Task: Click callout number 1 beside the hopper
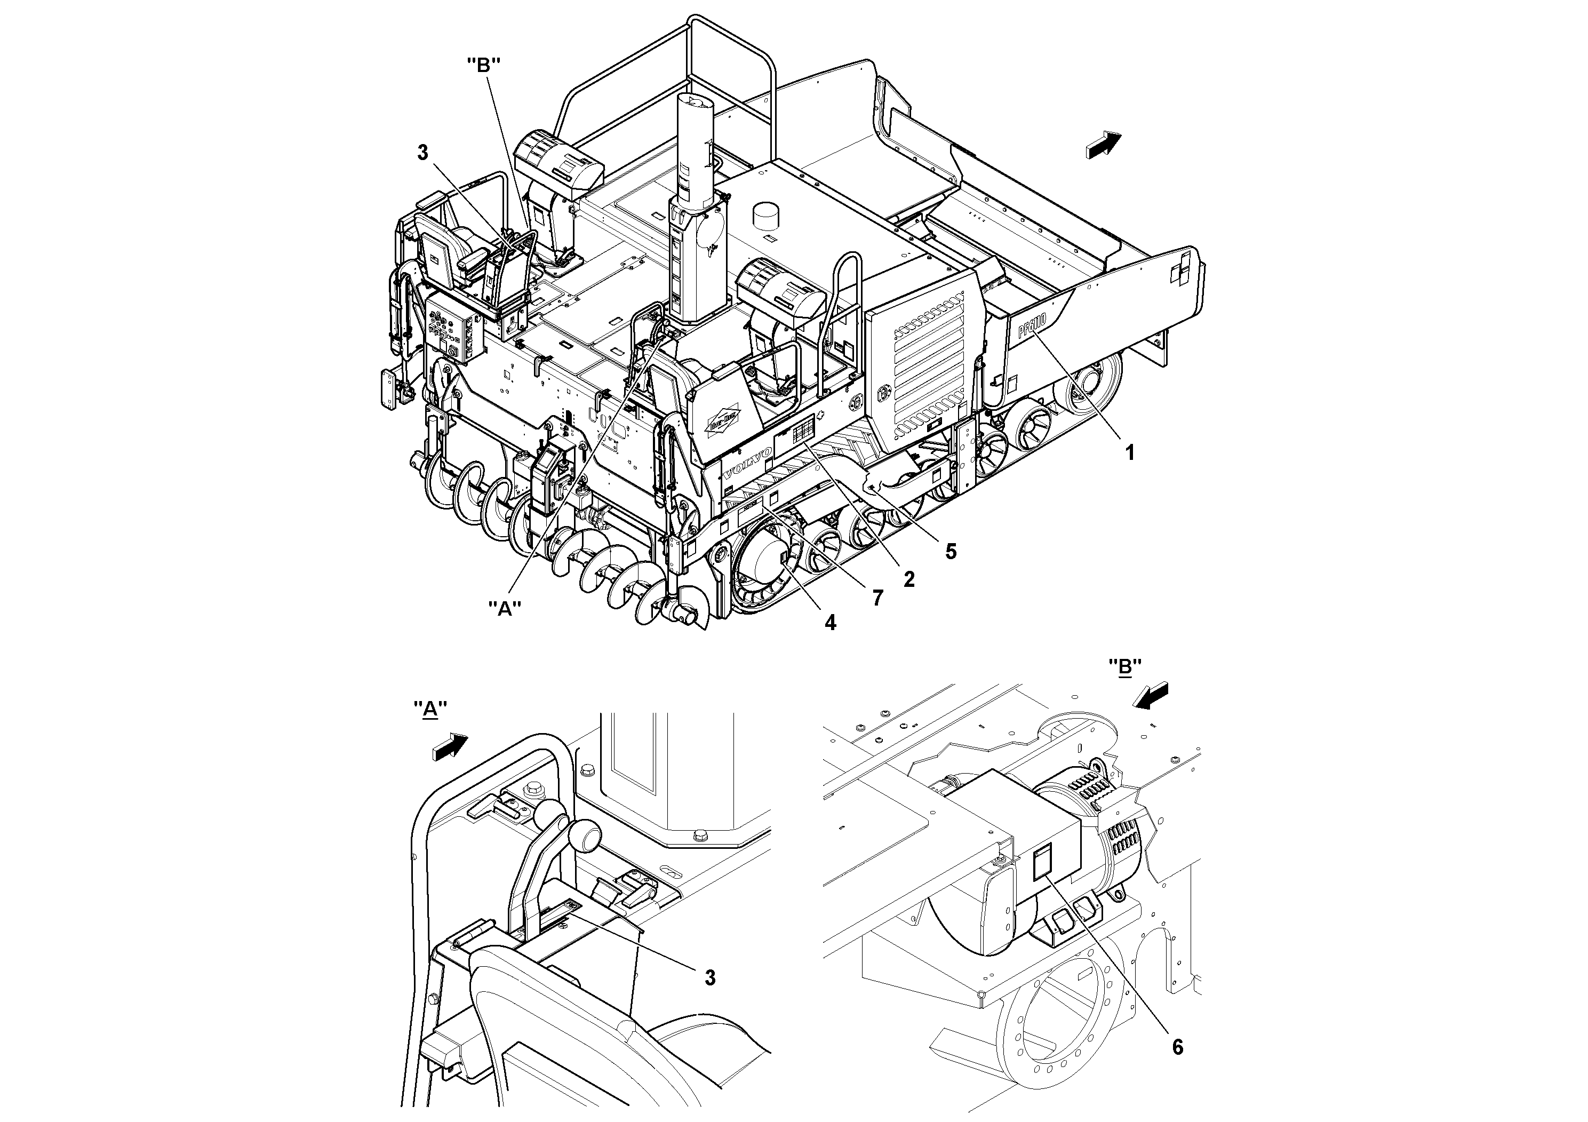tap(1129, 453)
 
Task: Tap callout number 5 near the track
tap(951, 551)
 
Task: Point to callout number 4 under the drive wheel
tap(830, 623)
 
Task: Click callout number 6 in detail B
tap(1177, 1047)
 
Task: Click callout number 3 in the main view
tap(422, 153)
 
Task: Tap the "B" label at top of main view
tap(483, 66)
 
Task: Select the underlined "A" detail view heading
tap(430, 709)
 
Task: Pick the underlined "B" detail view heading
tap(1124, 666)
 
